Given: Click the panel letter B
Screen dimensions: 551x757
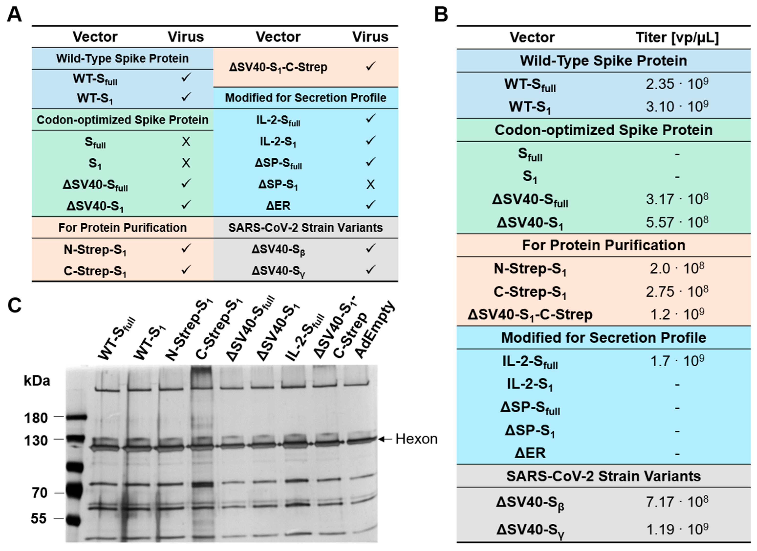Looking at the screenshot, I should coord(441,15).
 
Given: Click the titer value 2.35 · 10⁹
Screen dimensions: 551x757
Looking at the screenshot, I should coord(677,84).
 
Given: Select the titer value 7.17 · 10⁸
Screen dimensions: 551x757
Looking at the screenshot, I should coord(677,502).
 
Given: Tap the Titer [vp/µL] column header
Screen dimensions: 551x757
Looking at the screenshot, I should coord(677,37).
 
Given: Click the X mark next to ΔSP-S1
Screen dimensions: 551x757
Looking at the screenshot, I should coord(370,184).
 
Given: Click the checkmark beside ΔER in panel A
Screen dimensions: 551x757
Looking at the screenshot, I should coord(370,204).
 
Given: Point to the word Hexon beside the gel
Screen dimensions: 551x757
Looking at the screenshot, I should coord(416,439).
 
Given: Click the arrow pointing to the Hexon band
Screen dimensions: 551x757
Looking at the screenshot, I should coord(385,439).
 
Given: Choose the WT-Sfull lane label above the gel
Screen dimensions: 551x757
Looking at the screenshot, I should coord(117,339).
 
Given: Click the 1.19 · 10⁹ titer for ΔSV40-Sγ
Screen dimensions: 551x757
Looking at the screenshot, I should coord(677,529).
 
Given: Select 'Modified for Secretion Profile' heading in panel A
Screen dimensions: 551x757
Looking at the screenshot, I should coord(305,98).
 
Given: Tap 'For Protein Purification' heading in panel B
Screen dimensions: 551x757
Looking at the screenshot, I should coord(603,245).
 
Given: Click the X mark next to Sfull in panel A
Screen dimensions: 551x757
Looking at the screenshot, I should coord(186,142).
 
